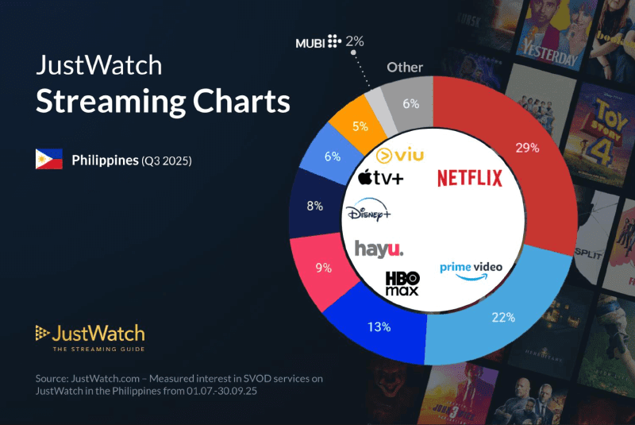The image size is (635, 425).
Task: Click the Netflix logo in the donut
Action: click(x=470, y=178)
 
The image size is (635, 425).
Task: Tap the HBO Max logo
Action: click(x=402, y=284)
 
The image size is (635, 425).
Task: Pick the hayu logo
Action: click(x=379, y=249)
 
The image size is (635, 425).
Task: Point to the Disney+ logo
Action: click(x=368, y=213)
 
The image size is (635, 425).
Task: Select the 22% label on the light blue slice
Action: click(x=503, y=317)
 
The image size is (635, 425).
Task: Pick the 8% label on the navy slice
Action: click(x=314, y=206)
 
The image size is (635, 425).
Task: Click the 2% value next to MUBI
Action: click(x=354, y=41)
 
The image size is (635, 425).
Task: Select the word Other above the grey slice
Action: click(x=405, y=68)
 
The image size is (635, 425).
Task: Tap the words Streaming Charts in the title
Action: click(x=163, y=102)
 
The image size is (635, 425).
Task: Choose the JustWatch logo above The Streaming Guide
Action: click(x=90, y=333)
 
